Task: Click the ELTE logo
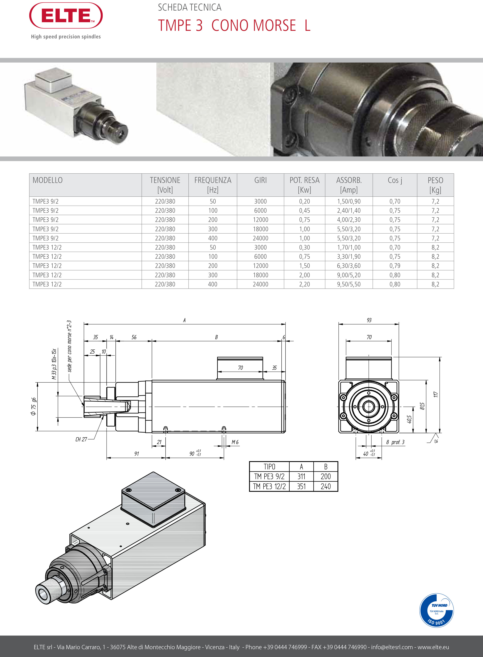pos(66,16)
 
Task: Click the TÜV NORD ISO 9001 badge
pos(436,610)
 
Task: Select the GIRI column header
pos(260,180)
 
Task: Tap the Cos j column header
pos(395,180)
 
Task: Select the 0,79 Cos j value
pos(395,266)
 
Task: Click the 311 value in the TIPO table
pos(301,476)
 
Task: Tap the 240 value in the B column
pos(325,486)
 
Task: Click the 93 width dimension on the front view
pos(369,320)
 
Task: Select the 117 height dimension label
pos(436,394)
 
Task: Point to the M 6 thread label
pos(235,442)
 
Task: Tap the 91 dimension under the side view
pos(137,454)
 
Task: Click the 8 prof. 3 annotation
pos(395,442)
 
